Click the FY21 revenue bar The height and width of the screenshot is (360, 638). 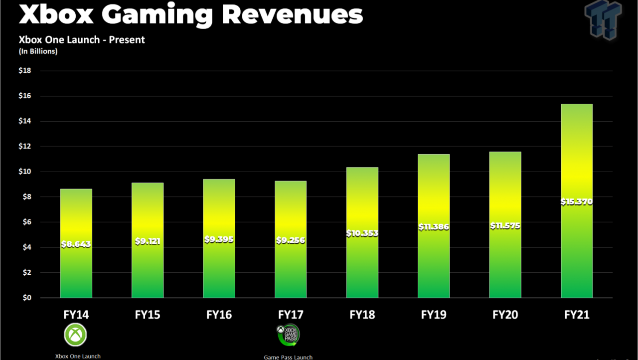pyautogui.click(x=577, y=201)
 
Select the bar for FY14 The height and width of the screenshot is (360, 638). pyautogui.click(x=76, y=243)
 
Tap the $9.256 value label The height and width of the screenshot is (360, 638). pyautogui.click(x=291, y=240)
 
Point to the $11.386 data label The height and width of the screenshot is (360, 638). pyautogui.click(x=434, y=227)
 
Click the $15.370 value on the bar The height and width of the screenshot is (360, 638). pyautogui.click(x=577, y=202)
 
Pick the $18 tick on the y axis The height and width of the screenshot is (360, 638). pyautogui.click(x=25, y=71)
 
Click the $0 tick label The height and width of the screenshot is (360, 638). pyautogui.click(x=27, y=298)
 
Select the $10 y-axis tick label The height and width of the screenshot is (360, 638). pyautogui.click(x=25, y=172)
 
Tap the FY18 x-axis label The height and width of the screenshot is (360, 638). pyautogui.click(x=362, y=315)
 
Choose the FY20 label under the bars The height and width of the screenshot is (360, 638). pyautogui.click(x=505, y=315)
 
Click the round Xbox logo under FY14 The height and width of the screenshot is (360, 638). pyautogui.click(x=75, y=335)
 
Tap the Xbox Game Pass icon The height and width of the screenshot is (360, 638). pyautogui.click(x=288, y=335)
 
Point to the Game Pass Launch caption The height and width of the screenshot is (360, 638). pyautogui.click(x=288, y=357)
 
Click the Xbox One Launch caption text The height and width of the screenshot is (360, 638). pyautogui.click(x=78, y=357)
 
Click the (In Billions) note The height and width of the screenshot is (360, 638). pyautogui.click(x=38, y=51)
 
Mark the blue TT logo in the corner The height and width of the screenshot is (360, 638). pyautogui.click(x=603, y=20)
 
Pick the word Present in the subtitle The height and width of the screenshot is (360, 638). pyautogui.click(x=127, y=40)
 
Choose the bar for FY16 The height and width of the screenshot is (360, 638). pyautogui.click(x=219, y=238)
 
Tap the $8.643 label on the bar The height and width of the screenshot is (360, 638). pyautogui.click(x=76, y=244)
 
